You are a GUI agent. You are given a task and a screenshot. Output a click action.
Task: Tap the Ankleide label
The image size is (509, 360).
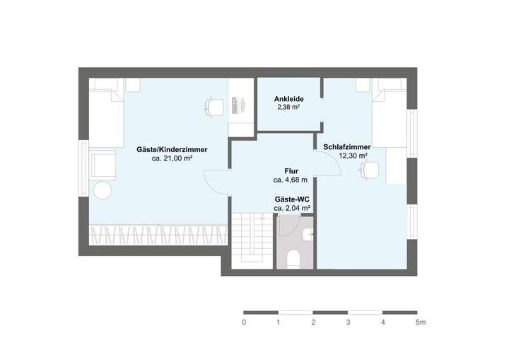[x=288, y=99]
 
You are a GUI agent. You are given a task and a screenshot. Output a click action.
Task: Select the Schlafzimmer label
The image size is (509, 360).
[x=347, y=146]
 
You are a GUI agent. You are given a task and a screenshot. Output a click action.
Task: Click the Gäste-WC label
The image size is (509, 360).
[x=292, y=200]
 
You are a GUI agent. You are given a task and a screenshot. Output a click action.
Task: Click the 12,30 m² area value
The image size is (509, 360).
[x=353, y=156]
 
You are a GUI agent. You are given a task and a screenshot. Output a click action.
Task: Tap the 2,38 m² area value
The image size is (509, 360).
[x=288, y=108]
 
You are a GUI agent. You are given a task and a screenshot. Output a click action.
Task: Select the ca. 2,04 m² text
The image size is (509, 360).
[x=292, y=209]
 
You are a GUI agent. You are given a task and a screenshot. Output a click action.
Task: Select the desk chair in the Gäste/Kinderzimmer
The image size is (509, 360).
[x=214, y=106]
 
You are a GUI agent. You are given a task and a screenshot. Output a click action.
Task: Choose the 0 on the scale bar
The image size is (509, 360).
[x=244, y=323]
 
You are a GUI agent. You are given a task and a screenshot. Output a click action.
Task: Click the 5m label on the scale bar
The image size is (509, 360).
[x=420, y=323]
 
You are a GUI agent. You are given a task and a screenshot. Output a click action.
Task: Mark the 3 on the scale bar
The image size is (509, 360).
[x=348, y=323]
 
